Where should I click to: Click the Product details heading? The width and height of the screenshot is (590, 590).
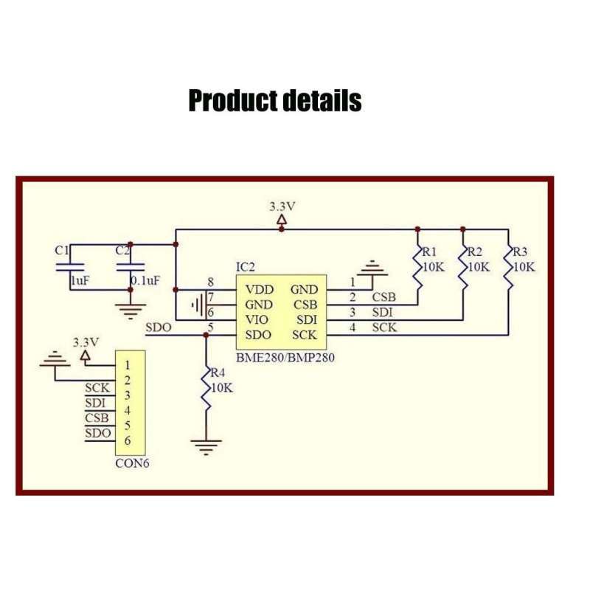(x=275, y=100)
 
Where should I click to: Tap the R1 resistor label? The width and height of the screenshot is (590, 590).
(x=430, y=251)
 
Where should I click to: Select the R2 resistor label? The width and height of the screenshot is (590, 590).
(x=475, y=251)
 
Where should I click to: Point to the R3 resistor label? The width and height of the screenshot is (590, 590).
(x=520, y=251)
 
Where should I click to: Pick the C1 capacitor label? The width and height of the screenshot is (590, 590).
(x=62, y=250)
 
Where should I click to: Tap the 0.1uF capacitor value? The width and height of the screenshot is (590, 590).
(x=145, y=281)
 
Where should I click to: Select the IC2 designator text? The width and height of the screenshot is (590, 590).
(x=246, y=266)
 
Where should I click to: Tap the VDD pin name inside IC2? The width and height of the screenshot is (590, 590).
(x=259, y=290)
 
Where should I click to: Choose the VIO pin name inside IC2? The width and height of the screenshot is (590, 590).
(x=257, y=319)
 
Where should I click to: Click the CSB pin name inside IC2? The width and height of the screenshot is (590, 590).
(x=305, y=305)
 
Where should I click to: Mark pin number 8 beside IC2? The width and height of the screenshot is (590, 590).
(x=211, y=282)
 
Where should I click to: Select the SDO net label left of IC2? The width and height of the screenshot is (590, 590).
(x=159, y=327)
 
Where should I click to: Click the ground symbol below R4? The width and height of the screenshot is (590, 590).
(x=206, y=445)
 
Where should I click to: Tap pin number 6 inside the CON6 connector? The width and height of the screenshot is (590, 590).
(x=128, y=440)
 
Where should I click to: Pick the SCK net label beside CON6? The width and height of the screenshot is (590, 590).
(x=97, y=387)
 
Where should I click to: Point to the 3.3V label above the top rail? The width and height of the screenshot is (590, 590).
(x=281, y=206)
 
